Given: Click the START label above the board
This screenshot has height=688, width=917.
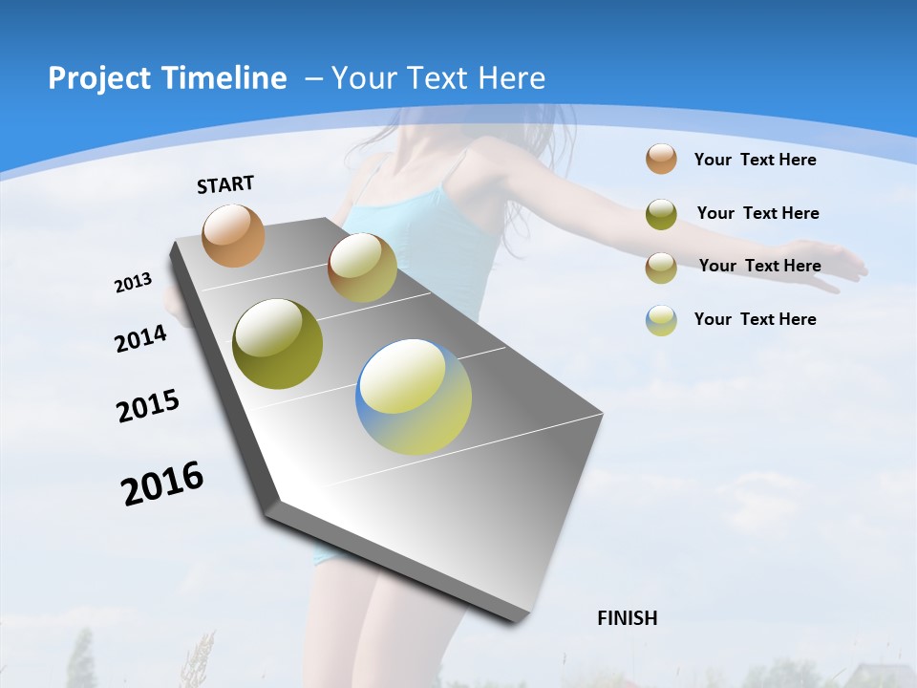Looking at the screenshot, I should [225, 184].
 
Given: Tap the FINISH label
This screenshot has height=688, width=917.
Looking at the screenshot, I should [627, 618].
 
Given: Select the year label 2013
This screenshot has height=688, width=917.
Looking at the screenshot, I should [133, 283].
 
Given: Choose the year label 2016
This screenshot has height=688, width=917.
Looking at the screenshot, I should [162, 484].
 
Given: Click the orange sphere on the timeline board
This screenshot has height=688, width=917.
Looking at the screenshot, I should [233, 235].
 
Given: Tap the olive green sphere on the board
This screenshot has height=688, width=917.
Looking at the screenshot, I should [278, 344].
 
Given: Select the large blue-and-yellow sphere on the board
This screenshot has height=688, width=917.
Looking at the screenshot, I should [414, 397].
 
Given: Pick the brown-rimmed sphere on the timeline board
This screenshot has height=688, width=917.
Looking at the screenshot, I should [362, 268].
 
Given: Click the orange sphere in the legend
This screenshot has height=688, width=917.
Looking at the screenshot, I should [661, 159].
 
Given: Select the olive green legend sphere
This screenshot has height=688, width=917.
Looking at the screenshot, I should [661, 214].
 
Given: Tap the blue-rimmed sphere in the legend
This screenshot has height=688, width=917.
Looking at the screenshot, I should [661, 320].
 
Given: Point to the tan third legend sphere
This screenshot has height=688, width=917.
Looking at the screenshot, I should [661, 268].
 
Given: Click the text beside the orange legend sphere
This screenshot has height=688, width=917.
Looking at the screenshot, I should [755, 160].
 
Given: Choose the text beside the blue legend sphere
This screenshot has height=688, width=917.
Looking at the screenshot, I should [755, 319].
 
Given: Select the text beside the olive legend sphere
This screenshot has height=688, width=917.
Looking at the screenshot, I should [757, 213].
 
